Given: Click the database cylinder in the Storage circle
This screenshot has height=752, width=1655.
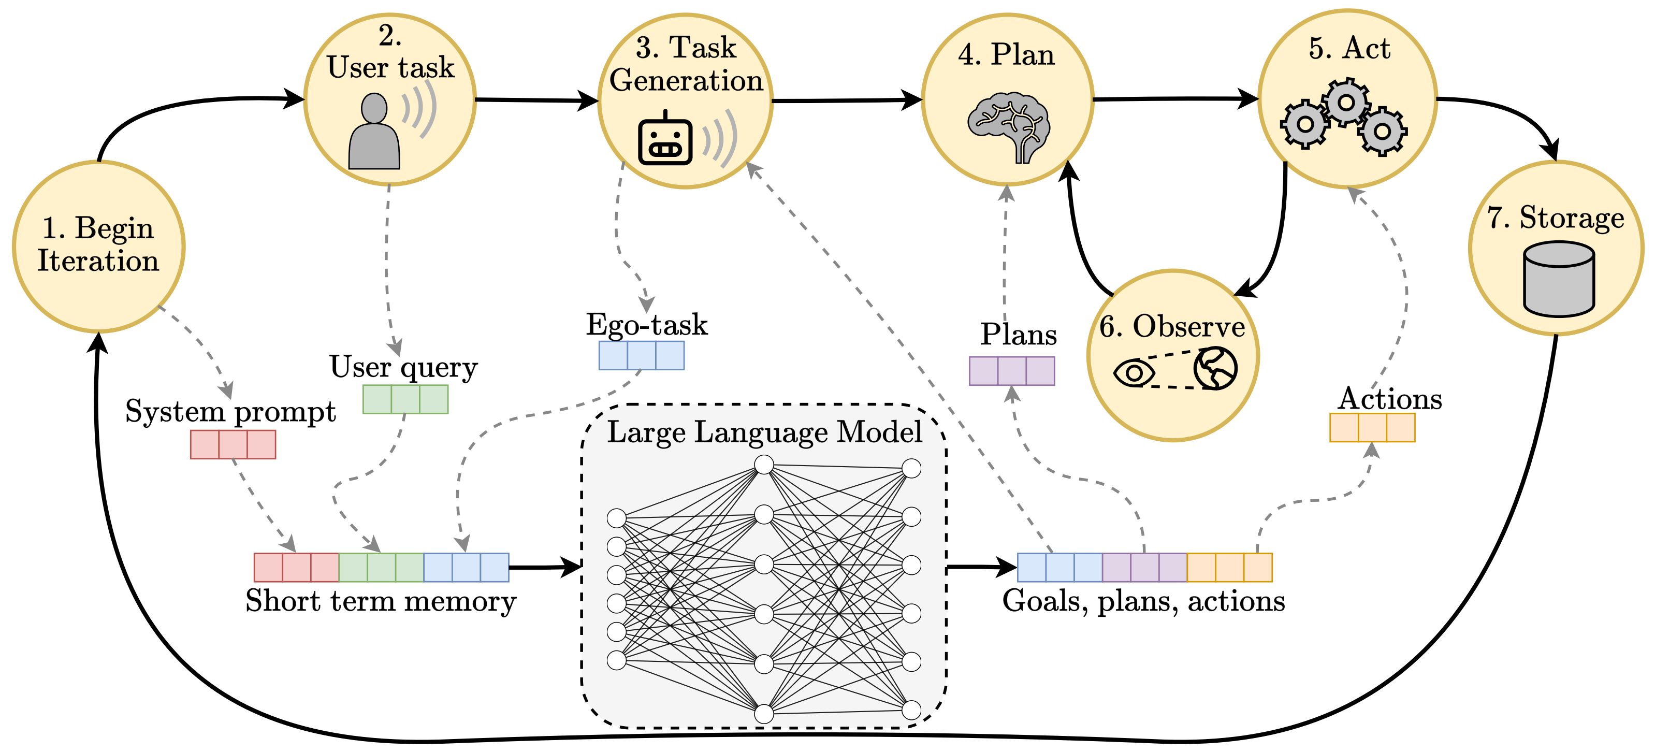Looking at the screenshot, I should click(1559, 279).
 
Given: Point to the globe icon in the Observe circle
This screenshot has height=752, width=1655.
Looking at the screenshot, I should click(1215, 368).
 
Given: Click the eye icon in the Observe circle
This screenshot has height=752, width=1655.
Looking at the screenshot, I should click(1134, 372).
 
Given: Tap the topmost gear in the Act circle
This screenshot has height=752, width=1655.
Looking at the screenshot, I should click(1346, 102).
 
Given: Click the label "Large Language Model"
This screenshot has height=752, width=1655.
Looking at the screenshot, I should click(764, 431).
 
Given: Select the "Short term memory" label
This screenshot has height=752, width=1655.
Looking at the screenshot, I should click(381, 601).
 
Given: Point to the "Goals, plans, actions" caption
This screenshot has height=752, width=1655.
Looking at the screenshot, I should click(1143, 601).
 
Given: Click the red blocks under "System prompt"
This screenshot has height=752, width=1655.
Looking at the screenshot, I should click(233, 444).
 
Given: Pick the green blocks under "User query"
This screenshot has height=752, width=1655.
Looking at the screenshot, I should click(405, 399).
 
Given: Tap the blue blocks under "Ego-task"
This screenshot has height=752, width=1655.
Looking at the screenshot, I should click(641, 355).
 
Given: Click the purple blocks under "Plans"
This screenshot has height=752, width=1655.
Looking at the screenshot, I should click(1012, 371).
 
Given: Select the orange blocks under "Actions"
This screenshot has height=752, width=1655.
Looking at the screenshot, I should click(1372, 427).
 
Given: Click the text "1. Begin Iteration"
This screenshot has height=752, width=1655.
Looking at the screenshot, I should click(98, 244).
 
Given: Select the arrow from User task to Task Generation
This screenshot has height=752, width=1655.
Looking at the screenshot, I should click(536, 99).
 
